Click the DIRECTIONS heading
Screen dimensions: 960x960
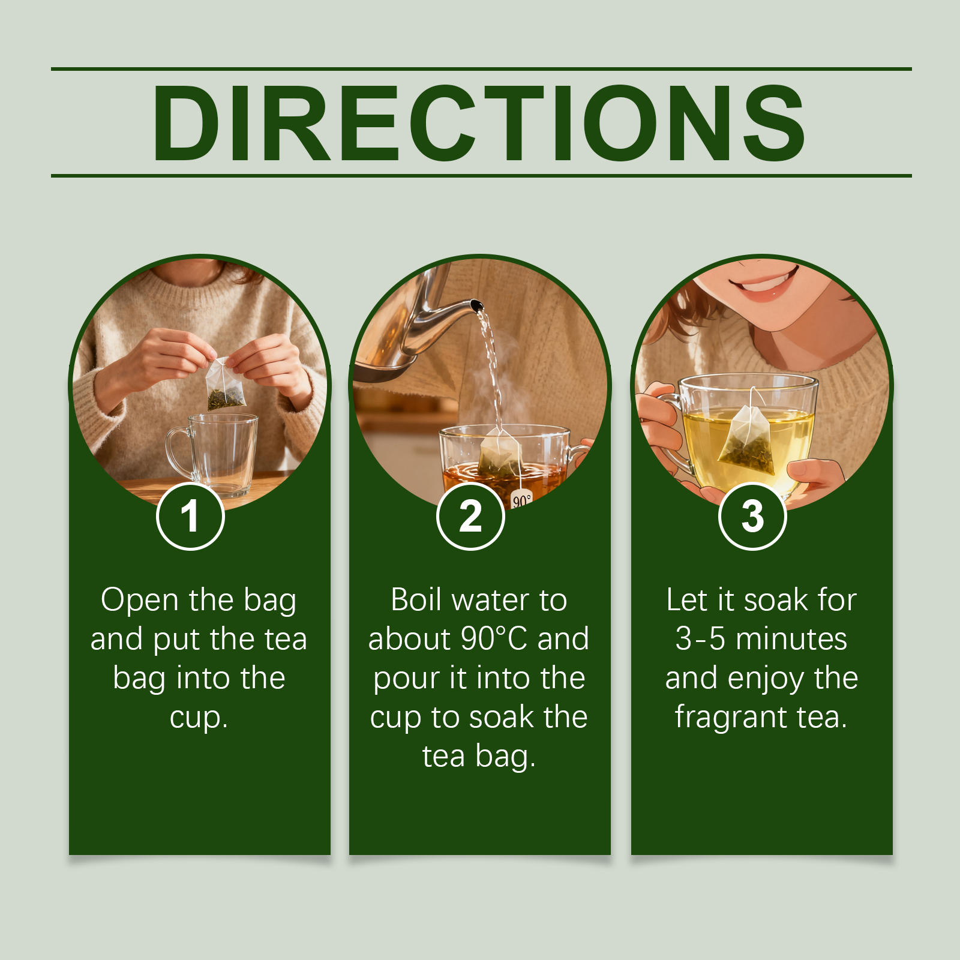[x=479, y=123]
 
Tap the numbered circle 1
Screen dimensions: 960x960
[x=190, y=516]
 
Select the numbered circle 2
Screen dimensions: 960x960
[x=471, y=516]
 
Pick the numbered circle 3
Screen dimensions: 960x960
[x=752, y=516]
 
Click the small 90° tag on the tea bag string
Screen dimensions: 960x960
[x=521, y=499]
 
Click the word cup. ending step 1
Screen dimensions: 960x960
[x=199, y=718]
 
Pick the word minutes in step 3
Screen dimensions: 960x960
[x=791, y=638]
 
